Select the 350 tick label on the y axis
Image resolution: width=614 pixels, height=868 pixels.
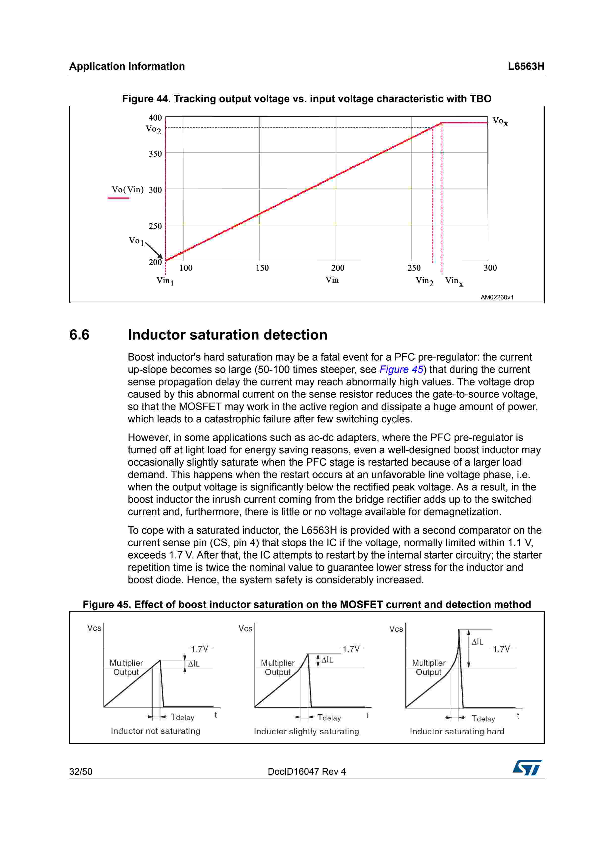[x=155, y=154]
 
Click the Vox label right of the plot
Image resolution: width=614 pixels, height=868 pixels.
[x=500, y=121]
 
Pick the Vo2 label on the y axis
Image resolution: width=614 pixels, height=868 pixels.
[x=153, y=129]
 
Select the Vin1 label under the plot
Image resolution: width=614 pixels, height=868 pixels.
[x=165, y=281]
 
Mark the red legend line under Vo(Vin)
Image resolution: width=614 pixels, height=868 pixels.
[x=118, y=198]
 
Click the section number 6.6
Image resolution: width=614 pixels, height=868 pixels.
[x=80, y=335]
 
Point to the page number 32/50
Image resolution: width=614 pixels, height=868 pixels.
[x=80, y=772]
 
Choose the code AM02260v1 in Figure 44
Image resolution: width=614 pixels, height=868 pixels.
[x=497, y=297]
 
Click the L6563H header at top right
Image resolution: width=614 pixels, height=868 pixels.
[x=526, y=67]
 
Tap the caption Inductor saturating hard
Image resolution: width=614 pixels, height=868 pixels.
[x=457, y=731]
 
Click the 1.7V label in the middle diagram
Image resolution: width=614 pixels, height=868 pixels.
[x=351, y=649]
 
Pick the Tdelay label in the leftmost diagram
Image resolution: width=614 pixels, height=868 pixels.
[x=182, y=717]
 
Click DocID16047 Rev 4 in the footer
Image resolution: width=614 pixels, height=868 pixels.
[x=306, y=772]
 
